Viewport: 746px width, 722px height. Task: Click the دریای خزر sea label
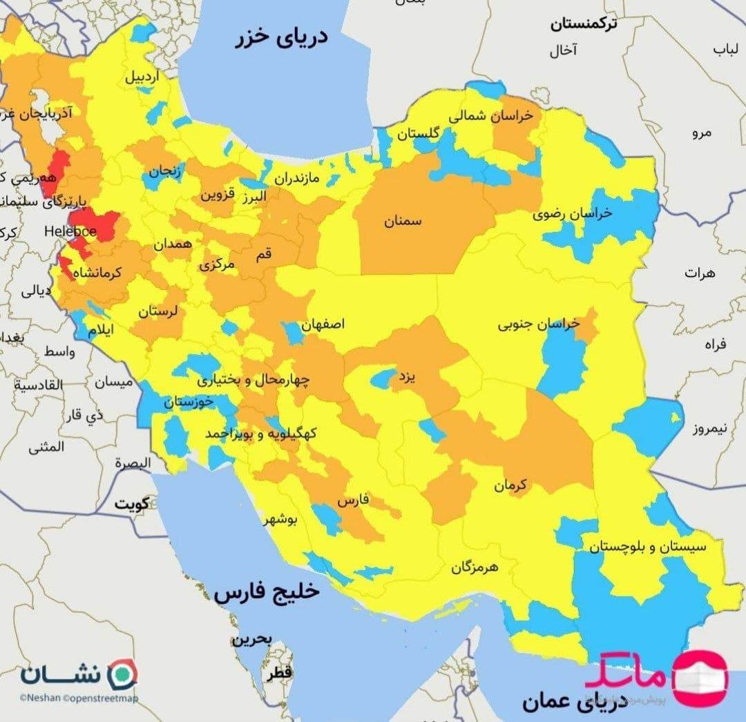coord(284,39)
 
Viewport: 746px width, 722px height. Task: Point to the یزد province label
coord(404,378)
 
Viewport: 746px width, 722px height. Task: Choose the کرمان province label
coord(510,485)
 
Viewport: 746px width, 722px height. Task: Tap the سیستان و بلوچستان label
coord(648,547)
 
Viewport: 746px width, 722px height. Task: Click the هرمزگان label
coord(484,567)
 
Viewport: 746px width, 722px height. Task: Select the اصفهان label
coord(323,324)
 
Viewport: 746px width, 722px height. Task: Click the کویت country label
coord(133,503)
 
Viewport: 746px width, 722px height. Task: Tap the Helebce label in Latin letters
coord(71,231)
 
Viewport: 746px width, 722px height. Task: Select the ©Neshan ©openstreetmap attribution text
coord(79,699)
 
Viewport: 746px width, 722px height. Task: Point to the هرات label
coord(700,273)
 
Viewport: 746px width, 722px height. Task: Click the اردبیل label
coord(142,77)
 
